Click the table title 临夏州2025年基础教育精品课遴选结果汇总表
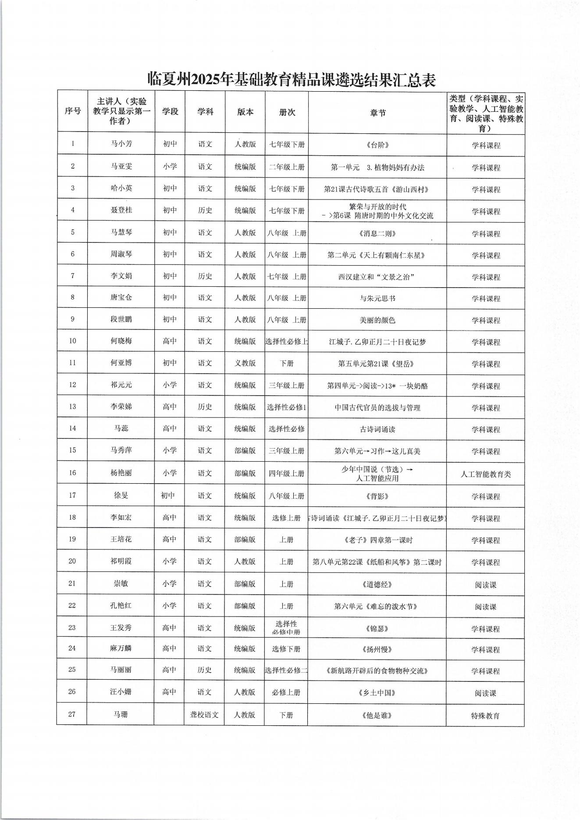[291, 79]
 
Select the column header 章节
[377, 112]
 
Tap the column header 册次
[287, 112]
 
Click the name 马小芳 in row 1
[121, 144]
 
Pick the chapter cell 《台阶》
[377, 145]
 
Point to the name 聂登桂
[121, 210]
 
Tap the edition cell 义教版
[245, 363]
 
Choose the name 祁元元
[121, 385]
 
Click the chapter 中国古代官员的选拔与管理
[377, 408]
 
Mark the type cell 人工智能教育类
[486, 474]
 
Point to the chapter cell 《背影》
[377, 496]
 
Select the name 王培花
[121, 539]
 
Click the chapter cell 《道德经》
[377, 585]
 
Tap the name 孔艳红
[121, 606]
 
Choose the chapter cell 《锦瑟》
[377, 628]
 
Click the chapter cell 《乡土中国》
[377, 693]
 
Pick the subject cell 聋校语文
[204, 715]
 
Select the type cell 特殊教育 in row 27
[485, 716]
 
